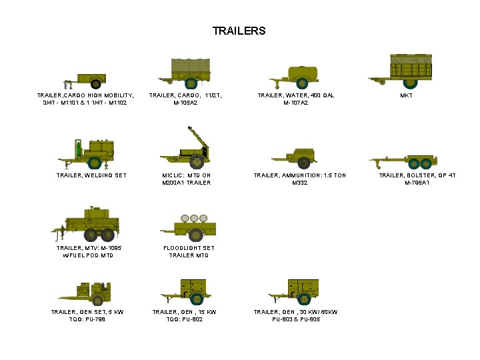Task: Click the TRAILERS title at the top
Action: coord(239,31)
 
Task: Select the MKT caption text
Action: coord(406,96)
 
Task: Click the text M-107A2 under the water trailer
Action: coord(296,103)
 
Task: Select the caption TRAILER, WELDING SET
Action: coord(91,175)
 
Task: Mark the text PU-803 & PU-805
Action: coord(296,319)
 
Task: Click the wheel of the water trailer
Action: coord(302,84)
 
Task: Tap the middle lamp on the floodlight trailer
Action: coord(194,218)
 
